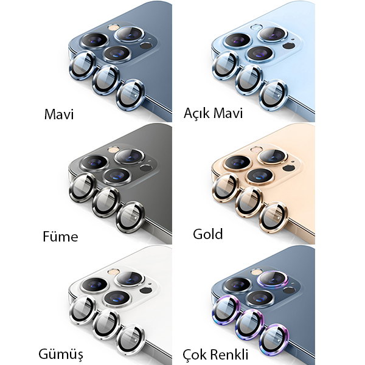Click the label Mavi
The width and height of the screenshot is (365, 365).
[59, 114]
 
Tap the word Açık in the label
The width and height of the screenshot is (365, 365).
[196, 114]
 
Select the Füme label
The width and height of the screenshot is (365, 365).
[60, 237]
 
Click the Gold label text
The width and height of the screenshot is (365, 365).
[208, 234]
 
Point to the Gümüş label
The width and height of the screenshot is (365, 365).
[61, 355]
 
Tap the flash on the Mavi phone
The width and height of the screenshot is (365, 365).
[113, 27]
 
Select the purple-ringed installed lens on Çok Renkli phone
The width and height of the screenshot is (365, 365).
[273, 279]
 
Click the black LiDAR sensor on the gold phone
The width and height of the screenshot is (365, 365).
[288, 168]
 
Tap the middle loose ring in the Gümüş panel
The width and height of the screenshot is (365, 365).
[106, 324]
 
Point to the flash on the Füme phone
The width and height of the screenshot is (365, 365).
[113, 149]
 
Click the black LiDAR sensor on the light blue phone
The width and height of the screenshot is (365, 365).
[288, 46]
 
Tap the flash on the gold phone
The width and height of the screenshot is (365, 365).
[256, 149]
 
